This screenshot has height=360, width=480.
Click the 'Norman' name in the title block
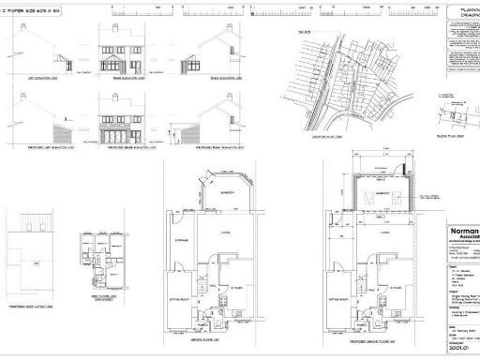(x=462, y=231)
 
